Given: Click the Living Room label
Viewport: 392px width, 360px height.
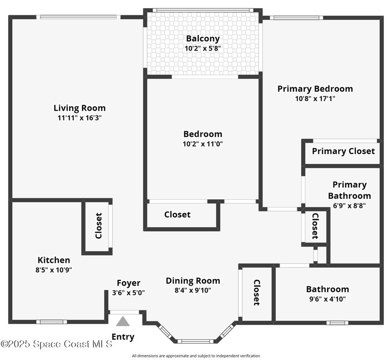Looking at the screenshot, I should pos(80,108).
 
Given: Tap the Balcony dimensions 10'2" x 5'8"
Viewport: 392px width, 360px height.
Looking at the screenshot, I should pos(203,48).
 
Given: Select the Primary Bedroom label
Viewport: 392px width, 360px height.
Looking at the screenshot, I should pos(315,89).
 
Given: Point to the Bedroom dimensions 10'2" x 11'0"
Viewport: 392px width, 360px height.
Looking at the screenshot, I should pos(203,144).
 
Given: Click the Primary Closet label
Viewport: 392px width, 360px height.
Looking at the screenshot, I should pos(343,151).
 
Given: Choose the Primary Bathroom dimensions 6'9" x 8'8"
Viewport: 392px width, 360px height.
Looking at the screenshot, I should pos(349,205).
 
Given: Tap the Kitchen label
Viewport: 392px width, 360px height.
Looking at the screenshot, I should pos(53,260).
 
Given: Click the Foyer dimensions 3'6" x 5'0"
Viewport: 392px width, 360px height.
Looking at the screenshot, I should pos(128,292).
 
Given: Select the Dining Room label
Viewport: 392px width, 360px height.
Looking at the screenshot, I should pos(193,281).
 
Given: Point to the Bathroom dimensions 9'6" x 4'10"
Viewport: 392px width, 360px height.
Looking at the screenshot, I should pos(327,298).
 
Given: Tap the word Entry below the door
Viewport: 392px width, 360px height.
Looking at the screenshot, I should pos(123,337).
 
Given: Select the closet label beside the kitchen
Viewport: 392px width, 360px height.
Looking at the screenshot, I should pos(98,226).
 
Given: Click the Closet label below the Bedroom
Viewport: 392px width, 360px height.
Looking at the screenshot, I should pos(177,215).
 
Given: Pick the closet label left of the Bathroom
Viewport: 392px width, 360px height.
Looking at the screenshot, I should pos(257,293).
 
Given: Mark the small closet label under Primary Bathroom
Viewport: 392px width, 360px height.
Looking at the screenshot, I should pos(315,226).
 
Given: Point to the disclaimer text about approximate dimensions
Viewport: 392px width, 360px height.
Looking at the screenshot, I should pos(196,356).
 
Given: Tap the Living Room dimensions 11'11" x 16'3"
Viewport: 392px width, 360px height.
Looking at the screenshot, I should pos(80,118).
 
